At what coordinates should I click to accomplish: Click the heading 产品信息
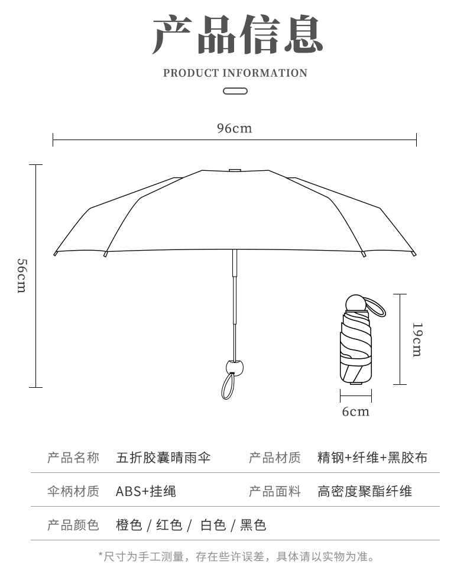[236, 35]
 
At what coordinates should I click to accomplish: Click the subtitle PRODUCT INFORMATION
[235, 73]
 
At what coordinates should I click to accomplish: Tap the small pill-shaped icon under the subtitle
[235, 91]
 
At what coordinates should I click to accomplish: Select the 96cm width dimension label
[234, 128]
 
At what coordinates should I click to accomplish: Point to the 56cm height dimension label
[21, 275]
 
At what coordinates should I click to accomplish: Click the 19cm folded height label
[416, 339]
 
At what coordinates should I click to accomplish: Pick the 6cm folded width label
[355, 411]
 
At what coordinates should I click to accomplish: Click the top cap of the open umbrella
[235, 170]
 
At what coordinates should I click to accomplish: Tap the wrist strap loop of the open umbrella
[228, 385]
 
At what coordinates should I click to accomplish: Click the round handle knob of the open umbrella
[235, 365]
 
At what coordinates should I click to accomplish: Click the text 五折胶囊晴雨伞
[164, 457]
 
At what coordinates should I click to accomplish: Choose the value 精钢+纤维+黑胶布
[372, 457]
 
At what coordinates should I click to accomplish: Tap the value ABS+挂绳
[145, 491]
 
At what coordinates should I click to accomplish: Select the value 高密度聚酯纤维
[364, 491]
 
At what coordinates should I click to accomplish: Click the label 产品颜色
[73, 524]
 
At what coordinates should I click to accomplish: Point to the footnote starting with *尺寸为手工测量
[235, 556]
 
